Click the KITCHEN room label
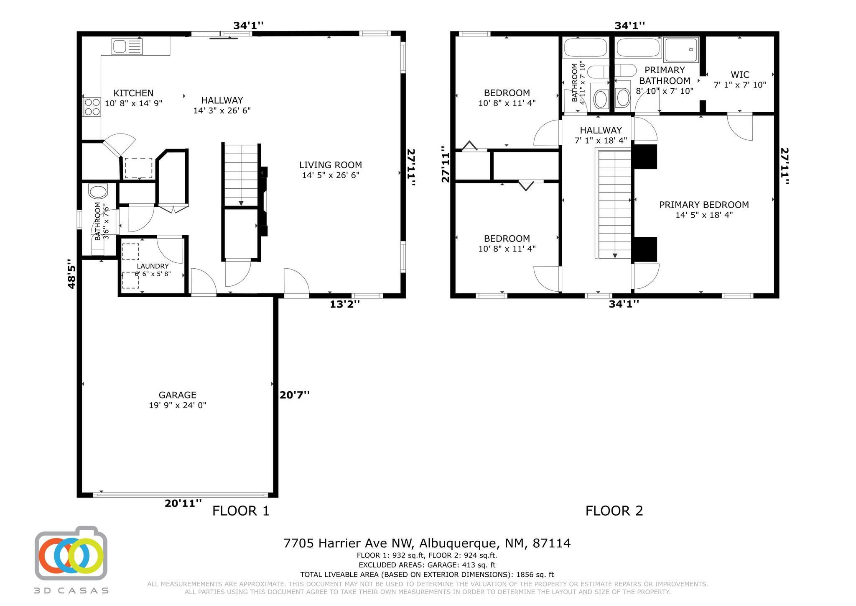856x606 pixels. pyautogui.click(x=133, y=93)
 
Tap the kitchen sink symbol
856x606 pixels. pyautogui.click(x=127, y=46)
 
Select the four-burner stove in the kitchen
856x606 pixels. pyautogui.click(x=92, y=107)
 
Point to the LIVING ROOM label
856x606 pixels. pyautogui.click(x=330, y=165)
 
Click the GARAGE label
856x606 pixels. pyautogui.click(x=177, y=395)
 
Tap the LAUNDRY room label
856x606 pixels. pyautogui.click(x=153, y=266)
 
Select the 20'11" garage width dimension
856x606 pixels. pyautogui.click(x=183, y=503)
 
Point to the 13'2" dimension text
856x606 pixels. pyautogui.click(x=344, y=304)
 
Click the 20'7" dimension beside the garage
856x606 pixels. pyautogui.click(x=295, y=395)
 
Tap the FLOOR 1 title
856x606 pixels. pyautogui.click(x=241, y=511)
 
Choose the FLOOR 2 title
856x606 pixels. pyautogui.click(x=614, y=511)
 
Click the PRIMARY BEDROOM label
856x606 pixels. pyautogui.click(x=704, y=205)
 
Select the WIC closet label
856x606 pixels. pyautogui.click(x=740, y=75)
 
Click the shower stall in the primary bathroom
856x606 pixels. pyautogui.click(x=681, y=50)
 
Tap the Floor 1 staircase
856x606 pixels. pyautogui.click(x=241, y=175)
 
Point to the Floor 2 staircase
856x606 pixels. pyautogui.click(x=614, y=204)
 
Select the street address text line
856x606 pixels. pyautogui.click(x=427, y=543)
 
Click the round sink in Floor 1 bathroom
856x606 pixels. pyautogui.click(x=98, y=192)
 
